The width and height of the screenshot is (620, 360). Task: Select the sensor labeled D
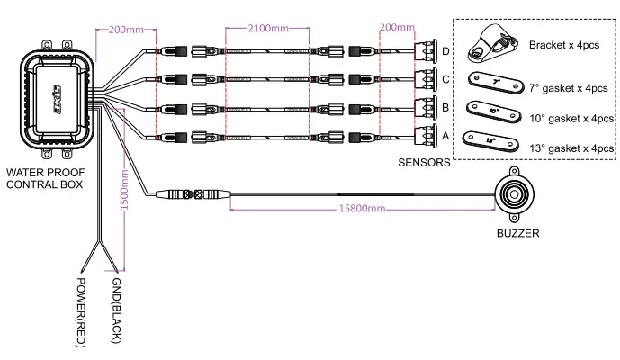pyautogui.click(x=424, y=51)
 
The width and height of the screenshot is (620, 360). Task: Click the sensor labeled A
pyautogui.click(x=424, y=137)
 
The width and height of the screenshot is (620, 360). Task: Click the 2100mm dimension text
pyautogui.click(x=267, y=28)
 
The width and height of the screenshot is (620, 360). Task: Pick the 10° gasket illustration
pyautogui.click(x=493, y=112)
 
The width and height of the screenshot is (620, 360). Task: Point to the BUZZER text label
pyautogui.click(x=518, y=232)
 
